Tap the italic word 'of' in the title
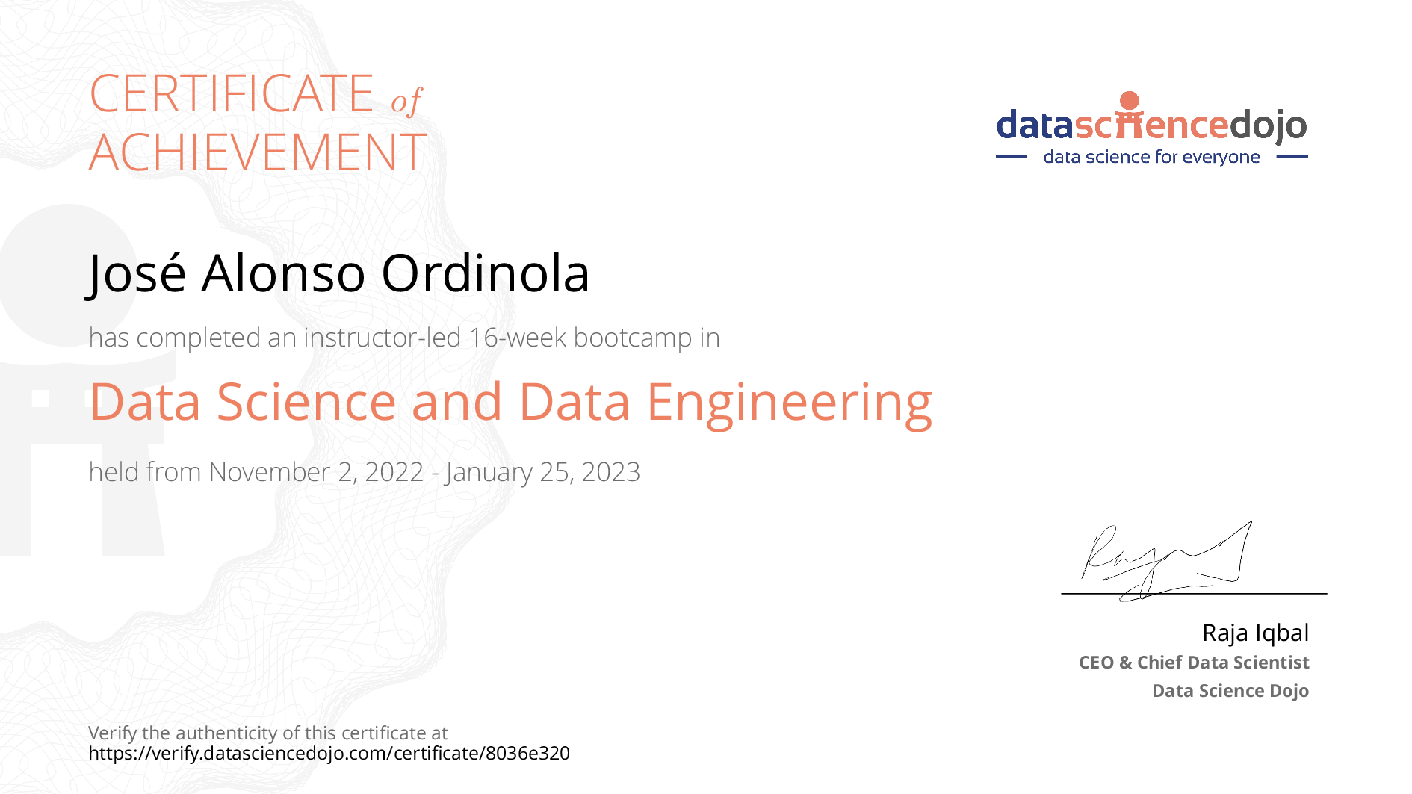click(x=406, y=101)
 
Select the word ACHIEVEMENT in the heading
click(x=258, y=152)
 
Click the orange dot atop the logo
click(x=1130, y=101)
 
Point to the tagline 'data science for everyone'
click(x=1151, y=157)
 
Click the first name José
click(x=136, y=273)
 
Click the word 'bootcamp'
click(x=633, y=338)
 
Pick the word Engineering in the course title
click(x=790, y=403)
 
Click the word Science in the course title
click(x=306, y=402)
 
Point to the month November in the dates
click(x=270, y=472)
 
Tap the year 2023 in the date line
click(x=610, y=472)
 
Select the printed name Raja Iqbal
click(x=1255, y=633)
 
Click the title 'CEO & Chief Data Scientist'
click(x=1194, y=663)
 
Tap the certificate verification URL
click(x=329, y=753)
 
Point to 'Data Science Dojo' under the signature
click(x=1230, y=691)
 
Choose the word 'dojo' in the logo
click(x=1269, y=125)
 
